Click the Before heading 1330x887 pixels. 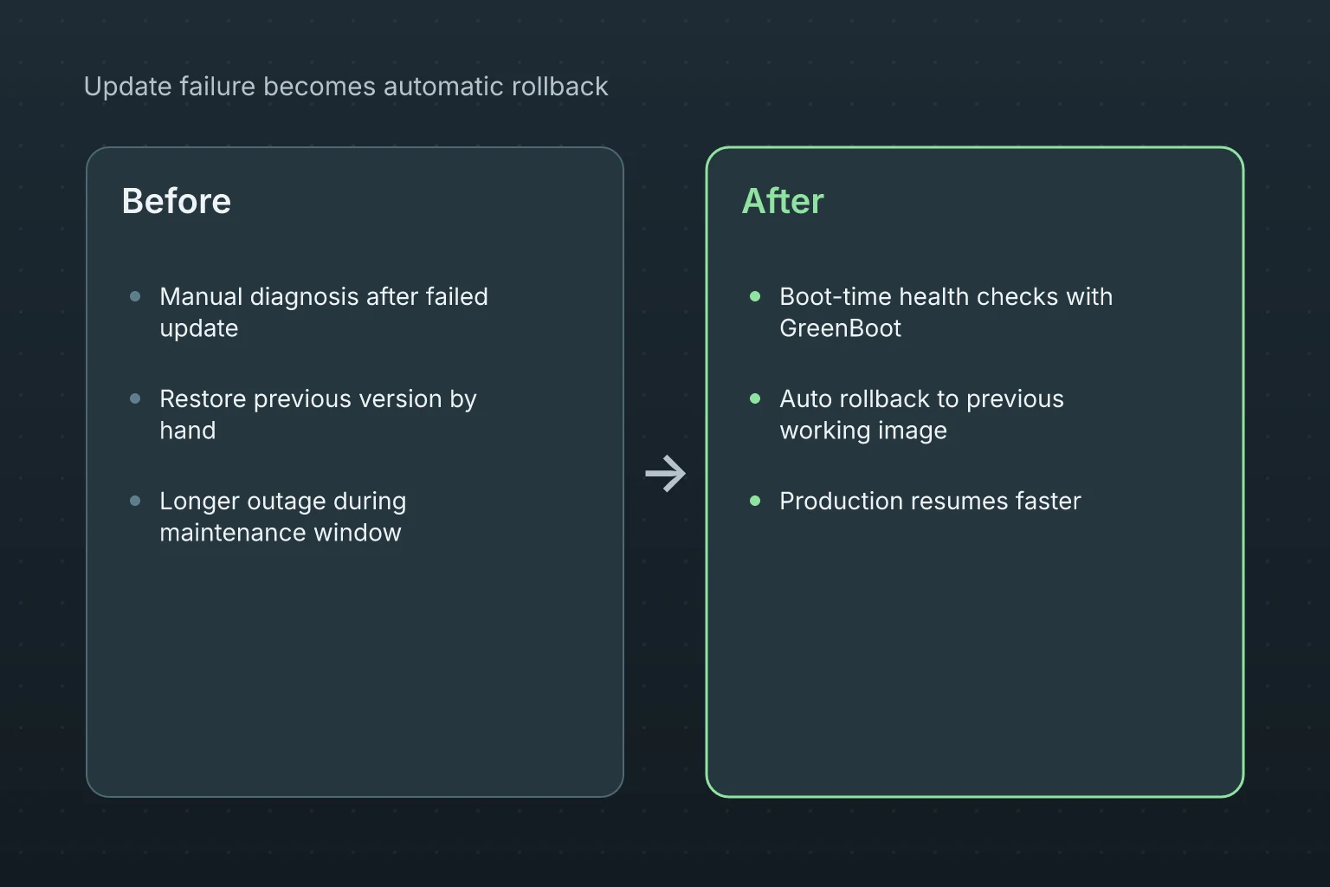point(177,201)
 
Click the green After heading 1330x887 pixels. point(783,201)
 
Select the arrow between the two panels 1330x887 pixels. point(665,474)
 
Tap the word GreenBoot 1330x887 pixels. point(840,328)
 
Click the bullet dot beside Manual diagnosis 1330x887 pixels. point(135,296)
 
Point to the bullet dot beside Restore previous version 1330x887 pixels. point(135,398)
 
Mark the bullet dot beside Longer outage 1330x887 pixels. point(135,501)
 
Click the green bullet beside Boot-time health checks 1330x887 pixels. point(755,296)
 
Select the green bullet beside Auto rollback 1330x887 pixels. point(755,398)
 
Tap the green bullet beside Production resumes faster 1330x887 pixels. point(755,501)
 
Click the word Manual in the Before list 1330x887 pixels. point(201,296)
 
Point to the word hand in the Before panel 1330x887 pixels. point(188,431)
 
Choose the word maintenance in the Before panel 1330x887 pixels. point(233,533)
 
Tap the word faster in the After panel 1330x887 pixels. point(1048,501)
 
